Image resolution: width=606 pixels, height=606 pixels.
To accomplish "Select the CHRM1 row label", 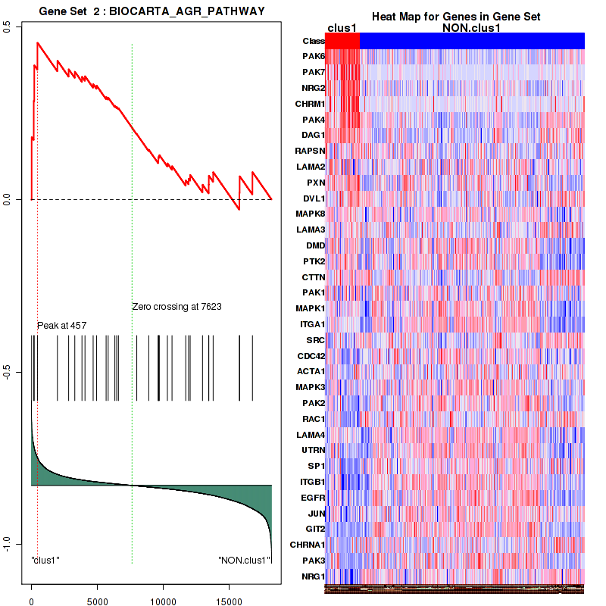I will tap(311, 104).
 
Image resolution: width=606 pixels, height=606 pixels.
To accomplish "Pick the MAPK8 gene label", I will tap(311, 214).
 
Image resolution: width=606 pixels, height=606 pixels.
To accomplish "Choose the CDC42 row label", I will tap(311, 355).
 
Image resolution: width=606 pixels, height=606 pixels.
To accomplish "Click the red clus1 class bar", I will tap(342, 40).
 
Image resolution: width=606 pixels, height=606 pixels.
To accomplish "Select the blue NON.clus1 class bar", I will tap(472, 40).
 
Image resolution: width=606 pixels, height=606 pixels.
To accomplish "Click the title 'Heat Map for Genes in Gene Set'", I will tap(456, 17).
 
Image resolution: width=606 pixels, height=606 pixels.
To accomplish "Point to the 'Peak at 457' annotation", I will tap(62, 325).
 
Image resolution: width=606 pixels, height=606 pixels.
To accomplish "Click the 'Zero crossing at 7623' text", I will tap(176, 307).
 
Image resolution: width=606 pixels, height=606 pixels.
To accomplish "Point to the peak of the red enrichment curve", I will tap(37, 43).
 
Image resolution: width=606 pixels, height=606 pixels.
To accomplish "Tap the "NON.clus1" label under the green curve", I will tap(245, 561).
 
